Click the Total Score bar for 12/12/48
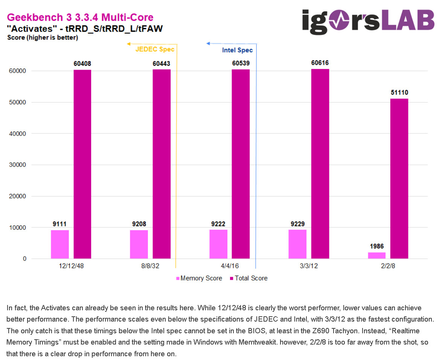point(82,164)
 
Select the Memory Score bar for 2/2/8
point(377,255)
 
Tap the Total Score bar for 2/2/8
point(399,178)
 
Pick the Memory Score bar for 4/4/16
point(218,244)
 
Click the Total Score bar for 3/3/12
point(320,164)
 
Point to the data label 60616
point(320,63)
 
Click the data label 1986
point(377,247)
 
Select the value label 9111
point(59,224)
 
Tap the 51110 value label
point(399,93)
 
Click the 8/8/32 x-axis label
point(150,266)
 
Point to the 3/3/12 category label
point(308,266)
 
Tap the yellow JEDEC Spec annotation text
point(155,49)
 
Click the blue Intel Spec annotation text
point(237,50)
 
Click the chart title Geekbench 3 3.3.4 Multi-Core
point(80,17)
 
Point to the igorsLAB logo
point(368,21)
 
